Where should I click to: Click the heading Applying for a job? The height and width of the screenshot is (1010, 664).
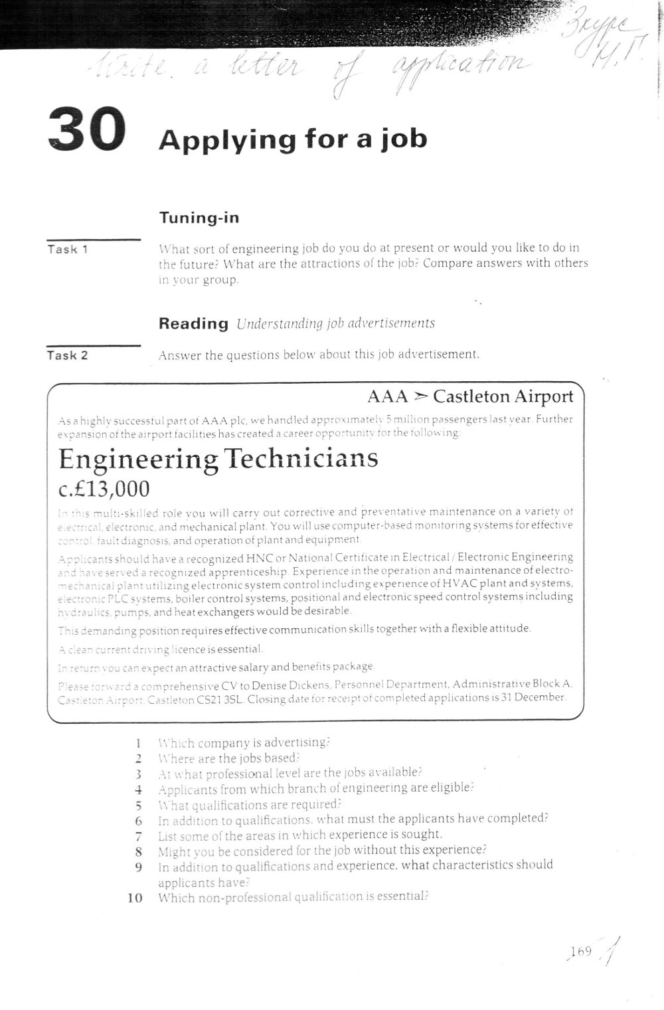click(293, 139)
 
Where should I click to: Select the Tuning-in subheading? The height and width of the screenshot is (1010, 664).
click(199, 218)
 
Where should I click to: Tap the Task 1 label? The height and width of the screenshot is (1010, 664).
click(68, 250)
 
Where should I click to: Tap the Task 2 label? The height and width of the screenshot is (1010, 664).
click(68, 355)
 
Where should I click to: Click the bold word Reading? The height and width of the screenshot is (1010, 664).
click(193, 324)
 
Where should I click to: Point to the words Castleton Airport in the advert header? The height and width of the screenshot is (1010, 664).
click(503, 396)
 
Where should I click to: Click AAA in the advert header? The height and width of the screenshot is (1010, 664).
click(387, 397)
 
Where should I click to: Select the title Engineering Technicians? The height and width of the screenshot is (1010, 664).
click(218, 459)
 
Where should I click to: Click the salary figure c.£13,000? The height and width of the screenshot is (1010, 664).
click(104, 489)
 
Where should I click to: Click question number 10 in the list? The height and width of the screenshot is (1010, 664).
click(135, 898)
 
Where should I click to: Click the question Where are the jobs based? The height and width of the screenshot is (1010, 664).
click(229, 758)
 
